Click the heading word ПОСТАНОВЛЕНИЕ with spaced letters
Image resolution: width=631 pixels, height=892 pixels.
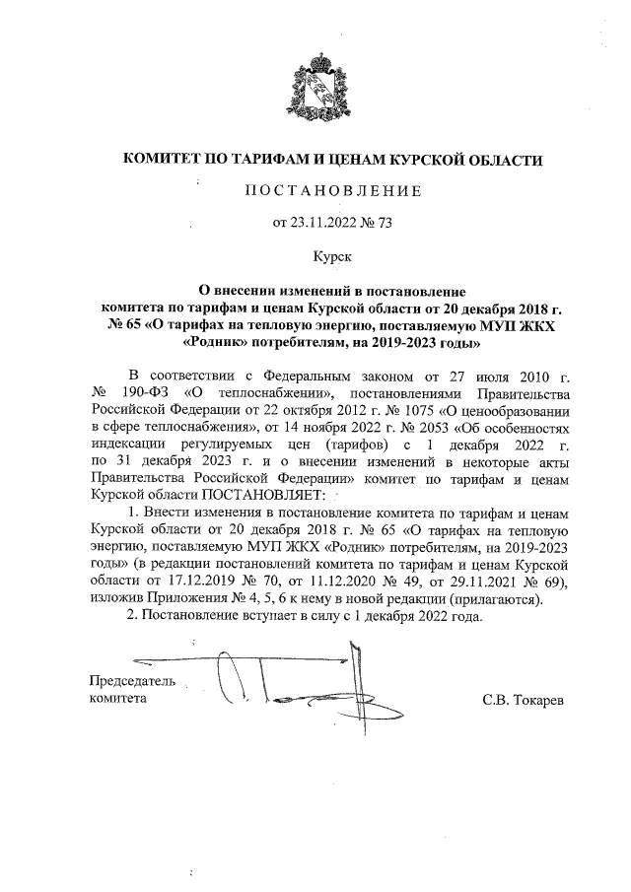(332, 190)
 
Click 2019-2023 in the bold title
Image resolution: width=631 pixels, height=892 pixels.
(401, 344)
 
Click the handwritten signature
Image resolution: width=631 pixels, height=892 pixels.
(296, 685)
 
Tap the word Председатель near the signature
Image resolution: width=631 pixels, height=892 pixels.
(132, 681)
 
